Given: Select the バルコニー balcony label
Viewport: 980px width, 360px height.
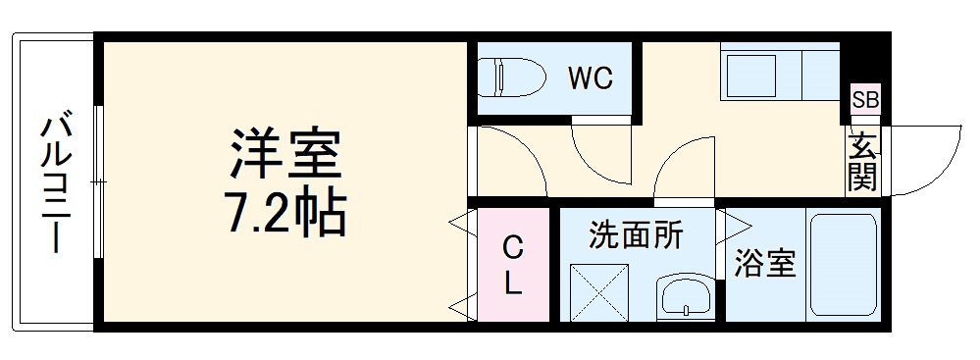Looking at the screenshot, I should click(x=54, y=182).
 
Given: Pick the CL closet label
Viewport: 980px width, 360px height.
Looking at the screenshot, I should click(x=512, y=264).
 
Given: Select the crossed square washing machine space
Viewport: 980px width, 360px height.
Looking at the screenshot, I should click(x=599, y=293).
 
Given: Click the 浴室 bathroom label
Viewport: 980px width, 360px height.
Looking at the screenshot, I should click(x=765, y=263).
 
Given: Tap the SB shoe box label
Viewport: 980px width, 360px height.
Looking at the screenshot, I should click(x=865, y=98).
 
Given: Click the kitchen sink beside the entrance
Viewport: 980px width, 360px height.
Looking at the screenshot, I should click(x=759, y=71).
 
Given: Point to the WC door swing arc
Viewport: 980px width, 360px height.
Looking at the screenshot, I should click(x=603, y=152).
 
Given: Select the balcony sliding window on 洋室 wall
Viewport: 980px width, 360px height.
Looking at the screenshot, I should click(x=99, y=181).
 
